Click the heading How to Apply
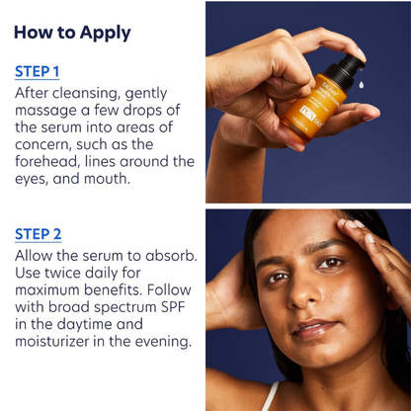pos(72,33)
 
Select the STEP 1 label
pos(38,71)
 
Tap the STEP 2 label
pos(38,234)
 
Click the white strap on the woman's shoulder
pos(269,397)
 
